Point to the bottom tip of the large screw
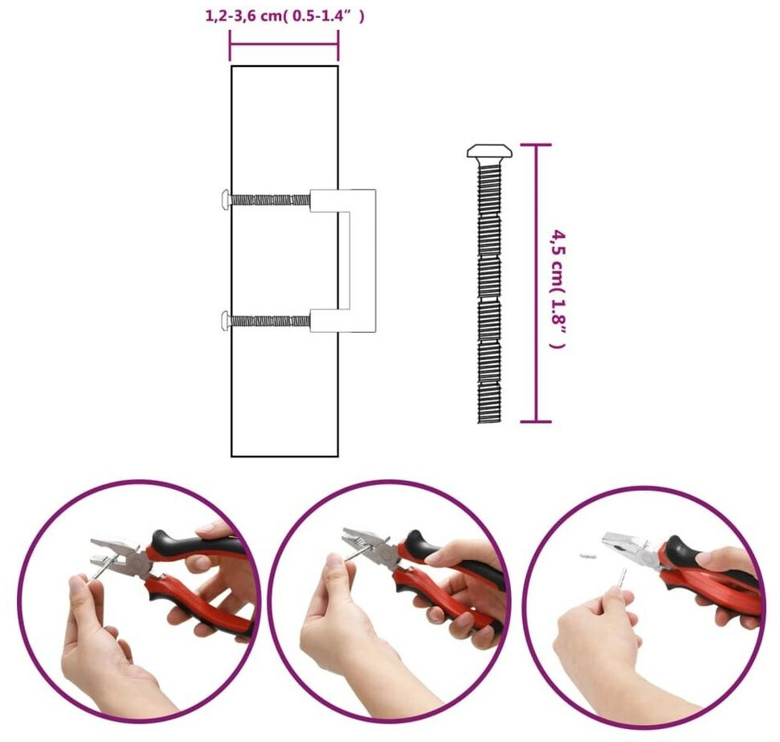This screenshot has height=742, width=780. coord(489,422)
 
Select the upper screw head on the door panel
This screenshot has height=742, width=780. coord(225,200)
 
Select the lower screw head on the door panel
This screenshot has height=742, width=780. coord(225,321)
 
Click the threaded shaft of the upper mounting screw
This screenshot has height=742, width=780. coord(270,200)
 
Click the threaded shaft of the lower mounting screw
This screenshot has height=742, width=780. coord(270,321)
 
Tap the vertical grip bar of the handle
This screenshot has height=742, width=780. coord(363,260)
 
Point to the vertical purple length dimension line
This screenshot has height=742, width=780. coord(536,284)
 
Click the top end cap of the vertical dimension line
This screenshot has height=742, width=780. coord(536,145)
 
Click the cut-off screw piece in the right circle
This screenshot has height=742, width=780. coord(587,556)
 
